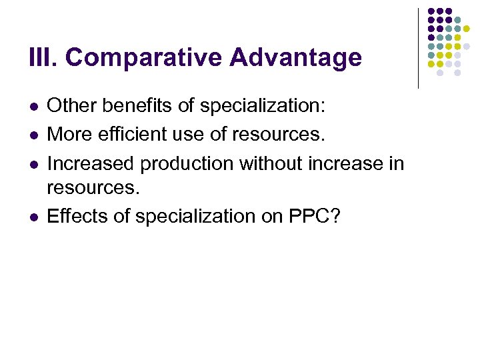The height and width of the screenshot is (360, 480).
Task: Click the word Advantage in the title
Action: pyautogui.click(x=295, y=58)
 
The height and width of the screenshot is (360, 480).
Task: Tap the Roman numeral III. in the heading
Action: pyautogui.click(x=44, y=58)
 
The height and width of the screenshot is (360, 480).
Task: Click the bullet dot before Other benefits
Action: pyautogui.click(x=34, y=107)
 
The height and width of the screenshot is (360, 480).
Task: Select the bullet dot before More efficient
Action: pyautogui.click(x=34, y=135)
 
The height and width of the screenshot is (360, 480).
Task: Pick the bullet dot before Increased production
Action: pyautogui.click(x=34, y=164)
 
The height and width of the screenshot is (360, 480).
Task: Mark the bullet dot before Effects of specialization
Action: pyautogui.click(x=34, y=217)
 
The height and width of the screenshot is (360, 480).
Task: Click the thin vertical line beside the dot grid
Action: pyautogui.click(x=418, y=48)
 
